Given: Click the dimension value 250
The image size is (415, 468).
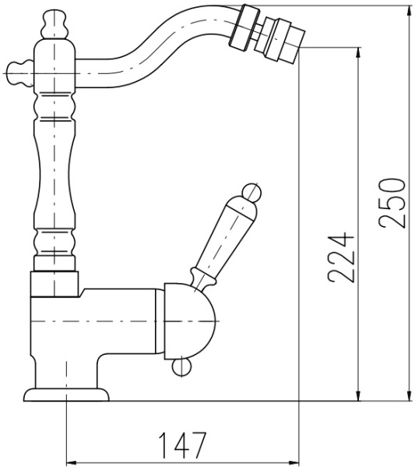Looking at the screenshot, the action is (392, 204).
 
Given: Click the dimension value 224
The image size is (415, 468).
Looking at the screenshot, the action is (341, 257).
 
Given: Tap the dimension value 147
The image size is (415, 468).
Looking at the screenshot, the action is (182, 445).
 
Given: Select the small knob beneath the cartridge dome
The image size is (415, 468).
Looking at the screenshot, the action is (182, 367).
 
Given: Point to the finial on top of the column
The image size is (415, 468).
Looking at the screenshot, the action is (55, 24).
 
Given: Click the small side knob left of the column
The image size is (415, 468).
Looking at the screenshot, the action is (20, 73).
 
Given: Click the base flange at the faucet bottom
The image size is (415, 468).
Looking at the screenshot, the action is (66, 395).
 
